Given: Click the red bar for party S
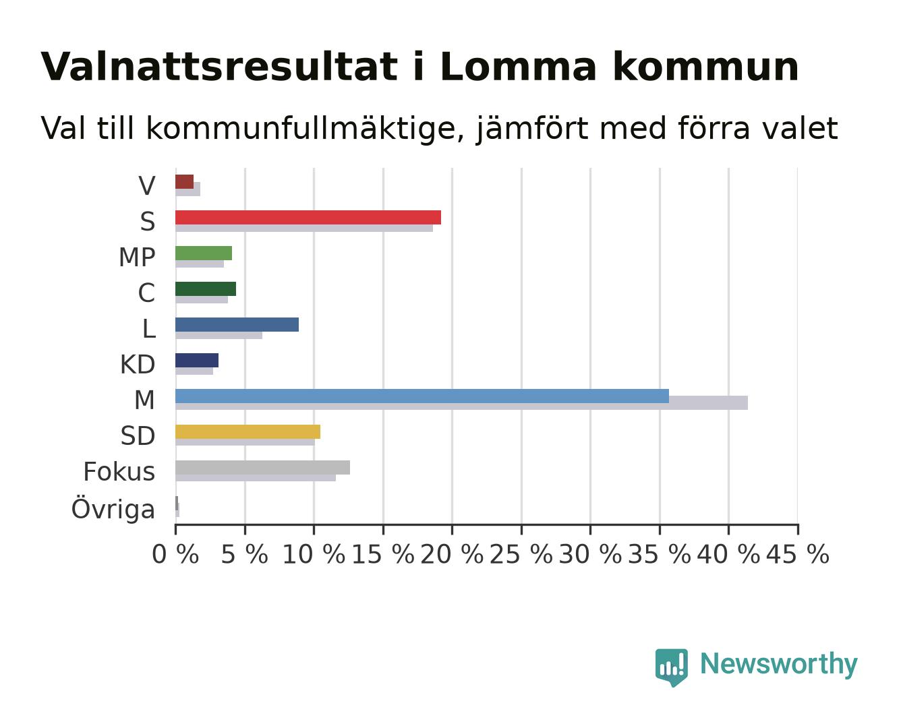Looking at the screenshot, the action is point(308,217).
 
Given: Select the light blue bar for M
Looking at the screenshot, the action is point(422,396).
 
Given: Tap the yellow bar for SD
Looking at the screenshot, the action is point(248,431).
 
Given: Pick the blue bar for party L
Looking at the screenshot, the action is point(237,325).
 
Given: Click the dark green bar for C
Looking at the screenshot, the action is point(206,289).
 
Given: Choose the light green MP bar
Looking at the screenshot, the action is point(204,253).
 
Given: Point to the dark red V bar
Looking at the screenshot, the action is point(184,182).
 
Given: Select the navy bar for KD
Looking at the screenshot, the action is point(197,360).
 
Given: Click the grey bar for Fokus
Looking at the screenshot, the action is point(263,468).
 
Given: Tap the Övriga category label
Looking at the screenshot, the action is point(113,509).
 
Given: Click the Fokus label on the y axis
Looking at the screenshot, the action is point(119,471).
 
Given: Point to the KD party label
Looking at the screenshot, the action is point(138,365).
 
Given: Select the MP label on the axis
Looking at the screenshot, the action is point(137,257).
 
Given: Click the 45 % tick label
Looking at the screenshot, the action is point(798,555).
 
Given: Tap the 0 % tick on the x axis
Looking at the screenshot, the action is point(175,555).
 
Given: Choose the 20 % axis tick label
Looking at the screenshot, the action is point(452,555).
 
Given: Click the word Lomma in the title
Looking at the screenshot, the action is point(518,67).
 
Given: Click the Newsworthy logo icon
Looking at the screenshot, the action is point(671,667).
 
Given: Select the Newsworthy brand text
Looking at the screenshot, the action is point(779,665).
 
